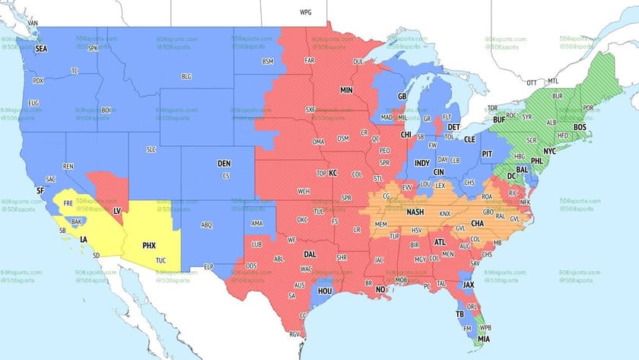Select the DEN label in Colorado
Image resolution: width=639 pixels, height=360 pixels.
point(224,164)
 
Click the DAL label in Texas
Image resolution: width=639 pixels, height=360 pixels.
point(310,255)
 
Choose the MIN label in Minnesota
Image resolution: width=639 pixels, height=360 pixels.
point(347,91)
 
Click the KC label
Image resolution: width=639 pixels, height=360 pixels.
point(332,173)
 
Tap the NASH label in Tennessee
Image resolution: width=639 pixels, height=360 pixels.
point(415,213)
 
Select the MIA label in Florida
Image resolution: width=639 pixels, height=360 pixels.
point(485,339)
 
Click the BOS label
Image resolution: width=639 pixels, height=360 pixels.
point(580,127)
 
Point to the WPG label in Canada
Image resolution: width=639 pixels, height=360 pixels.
point(306,13)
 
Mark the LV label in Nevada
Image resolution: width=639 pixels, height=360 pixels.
point(118,209)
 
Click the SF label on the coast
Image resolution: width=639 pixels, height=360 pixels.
point(40,190)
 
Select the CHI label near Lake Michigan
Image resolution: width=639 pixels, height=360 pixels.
point(405,135)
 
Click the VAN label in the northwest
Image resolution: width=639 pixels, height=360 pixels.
point(33,23)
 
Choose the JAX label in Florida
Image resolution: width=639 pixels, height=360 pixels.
point(469,285)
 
